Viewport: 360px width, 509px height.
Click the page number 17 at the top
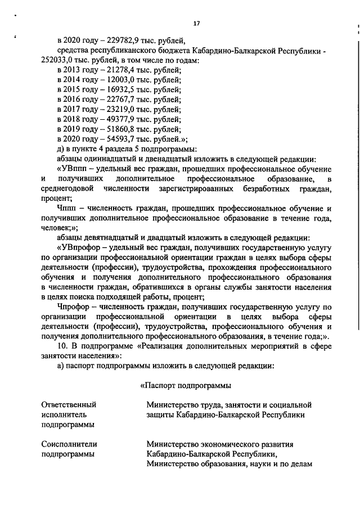click(196, 23)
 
